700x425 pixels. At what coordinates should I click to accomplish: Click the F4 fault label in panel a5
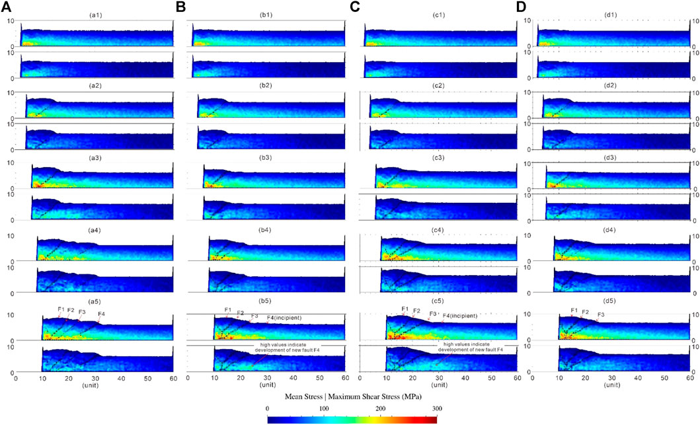tap(101, 313)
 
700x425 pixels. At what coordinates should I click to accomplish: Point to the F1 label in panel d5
tap(574, 310)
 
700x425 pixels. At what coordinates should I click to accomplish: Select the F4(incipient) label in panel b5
tap(284, 318)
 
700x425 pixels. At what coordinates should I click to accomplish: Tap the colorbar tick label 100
tap(324, 410)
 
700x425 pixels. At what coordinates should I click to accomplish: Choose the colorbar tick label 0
tap(267, 410)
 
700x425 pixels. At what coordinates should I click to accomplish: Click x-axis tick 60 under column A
tap(173, 378)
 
